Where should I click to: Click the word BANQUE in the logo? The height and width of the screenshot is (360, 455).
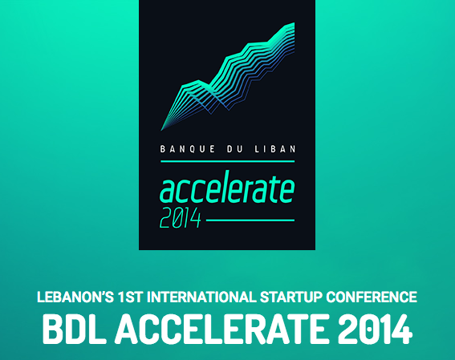[188, 149]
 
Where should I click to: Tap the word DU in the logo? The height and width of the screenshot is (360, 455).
[233, 149]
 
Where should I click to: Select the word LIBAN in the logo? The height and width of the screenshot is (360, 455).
[274, 149]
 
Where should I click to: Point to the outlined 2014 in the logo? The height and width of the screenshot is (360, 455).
[181, 217]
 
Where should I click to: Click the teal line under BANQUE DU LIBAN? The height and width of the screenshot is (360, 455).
[228, 161]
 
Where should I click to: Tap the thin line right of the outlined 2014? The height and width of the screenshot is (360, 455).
[250, 220]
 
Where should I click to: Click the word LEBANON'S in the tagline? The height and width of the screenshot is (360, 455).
[75, 297]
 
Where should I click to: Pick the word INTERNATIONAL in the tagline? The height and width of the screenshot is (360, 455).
[201, 297]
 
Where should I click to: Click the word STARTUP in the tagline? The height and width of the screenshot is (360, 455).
[290, 297]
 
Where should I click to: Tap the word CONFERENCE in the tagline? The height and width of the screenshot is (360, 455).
[372, 297]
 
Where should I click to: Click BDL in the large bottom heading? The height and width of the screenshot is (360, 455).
[73, 329]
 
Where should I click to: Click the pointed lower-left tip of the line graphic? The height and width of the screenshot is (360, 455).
[161, 130]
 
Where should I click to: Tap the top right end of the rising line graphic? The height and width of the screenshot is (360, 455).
[295, 23]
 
